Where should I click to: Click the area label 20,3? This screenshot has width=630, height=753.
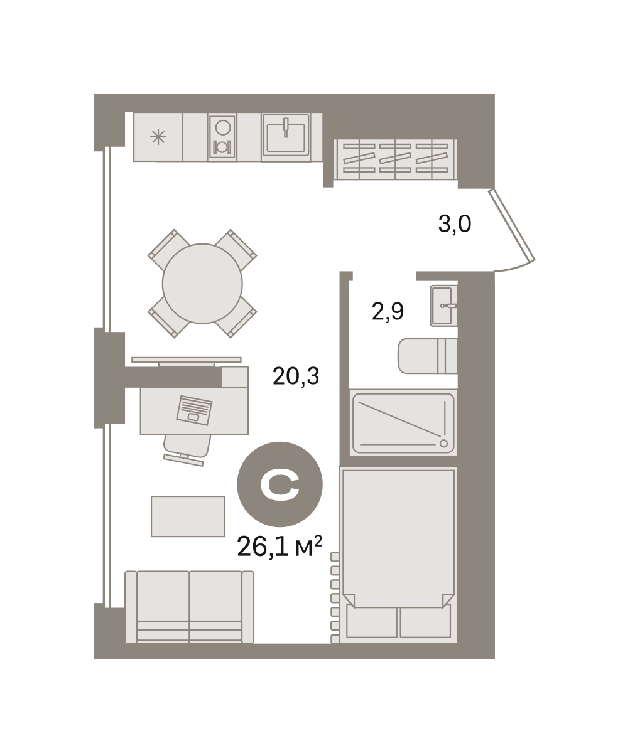pos(296,376)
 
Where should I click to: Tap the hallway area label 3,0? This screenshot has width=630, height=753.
pos(455,224)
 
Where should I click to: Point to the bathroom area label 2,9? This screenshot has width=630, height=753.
pos(388,312)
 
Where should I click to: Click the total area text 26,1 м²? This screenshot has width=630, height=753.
pos(279,547)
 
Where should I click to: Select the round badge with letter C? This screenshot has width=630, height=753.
pos(280,484)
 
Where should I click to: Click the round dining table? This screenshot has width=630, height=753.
pos(202,284)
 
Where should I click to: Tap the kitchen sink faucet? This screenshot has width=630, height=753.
pos(286,127)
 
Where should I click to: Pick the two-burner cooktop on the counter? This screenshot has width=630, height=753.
pos(222,137)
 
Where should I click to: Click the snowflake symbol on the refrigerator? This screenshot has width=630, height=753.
pos(158,137)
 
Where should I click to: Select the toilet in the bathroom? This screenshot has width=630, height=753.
pos(428,356)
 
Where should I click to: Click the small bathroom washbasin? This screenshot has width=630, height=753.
pos(443,306)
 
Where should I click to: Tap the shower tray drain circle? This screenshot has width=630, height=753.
pos(443,443)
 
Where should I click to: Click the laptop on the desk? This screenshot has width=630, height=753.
pos(194,410)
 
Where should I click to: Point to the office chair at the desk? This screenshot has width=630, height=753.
pos(187,450)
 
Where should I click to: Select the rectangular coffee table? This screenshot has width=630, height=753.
pos(188,516)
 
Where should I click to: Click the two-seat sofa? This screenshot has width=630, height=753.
pos(189,607)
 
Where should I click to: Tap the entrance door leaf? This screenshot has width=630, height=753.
pos(511,225)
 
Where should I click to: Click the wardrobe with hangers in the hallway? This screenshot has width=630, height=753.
pos(395,159)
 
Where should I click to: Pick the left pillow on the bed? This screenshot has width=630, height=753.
pos(371,621)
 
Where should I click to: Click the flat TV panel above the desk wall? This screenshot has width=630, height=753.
pos(187,360)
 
